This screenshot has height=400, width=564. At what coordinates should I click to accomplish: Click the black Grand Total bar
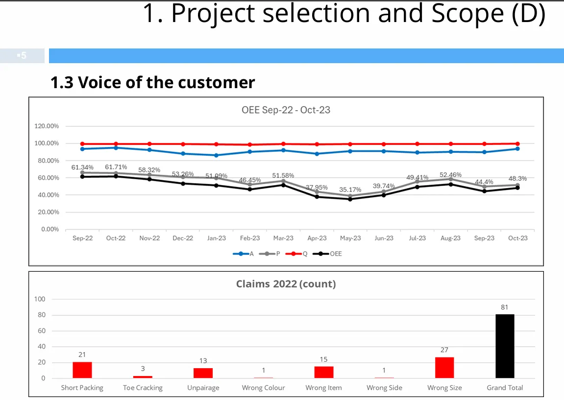coord(505,346)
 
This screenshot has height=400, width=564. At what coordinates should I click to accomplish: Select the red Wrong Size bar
coord(444,368)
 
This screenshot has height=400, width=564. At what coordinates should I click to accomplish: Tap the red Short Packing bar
coord(82,370)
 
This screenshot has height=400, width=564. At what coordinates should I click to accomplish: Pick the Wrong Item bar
coord(323,372)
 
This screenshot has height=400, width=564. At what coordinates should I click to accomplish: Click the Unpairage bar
coord(203,373)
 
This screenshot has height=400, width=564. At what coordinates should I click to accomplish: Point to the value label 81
coord(505,307)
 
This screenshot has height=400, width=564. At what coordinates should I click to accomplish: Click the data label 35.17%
coord(350,189)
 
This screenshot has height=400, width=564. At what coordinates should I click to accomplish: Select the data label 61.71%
coord(116,167)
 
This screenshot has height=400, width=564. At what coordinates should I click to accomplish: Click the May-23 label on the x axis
coord(350,238)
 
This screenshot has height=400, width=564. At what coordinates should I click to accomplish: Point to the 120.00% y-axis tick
coord(47,126)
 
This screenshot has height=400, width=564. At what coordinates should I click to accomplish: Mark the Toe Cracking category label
coord(143,388)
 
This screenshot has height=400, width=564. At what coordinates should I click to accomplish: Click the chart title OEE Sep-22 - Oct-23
coord(286,110)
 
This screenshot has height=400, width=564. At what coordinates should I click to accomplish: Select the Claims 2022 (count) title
coord(286,284)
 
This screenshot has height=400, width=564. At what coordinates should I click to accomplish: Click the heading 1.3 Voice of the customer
coord(152,82)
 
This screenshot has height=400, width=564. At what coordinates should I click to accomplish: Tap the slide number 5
coord(22,56)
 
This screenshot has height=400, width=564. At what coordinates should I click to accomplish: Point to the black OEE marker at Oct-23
coord(517,188)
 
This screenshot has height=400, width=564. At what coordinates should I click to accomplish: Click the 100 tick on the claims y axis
coord(40,299)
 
